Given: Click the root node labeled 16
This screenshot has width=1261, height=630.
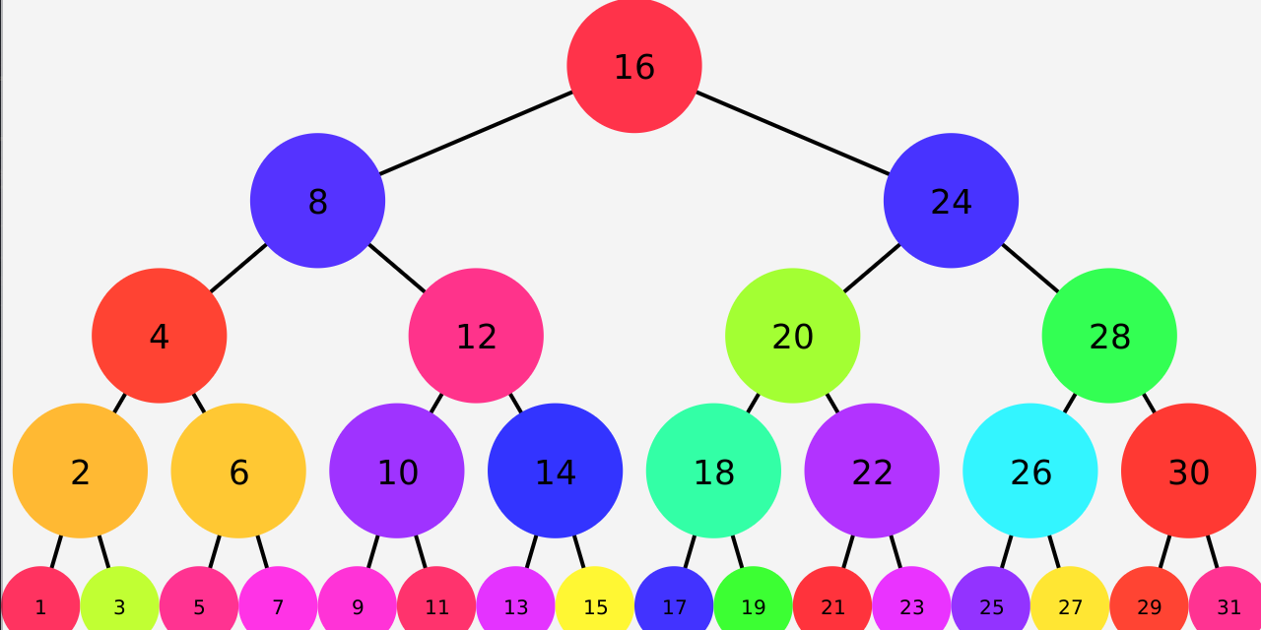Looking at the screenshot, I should coord(634,66).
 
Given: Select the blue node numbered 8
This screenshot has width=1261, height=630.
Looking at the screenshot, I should coord(317,201).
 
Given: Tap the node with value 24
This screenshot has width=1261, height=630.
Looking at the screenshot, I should coord(951,201).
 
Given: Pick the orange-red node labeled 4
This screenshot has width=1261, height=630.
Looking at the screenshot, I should coord(160,336).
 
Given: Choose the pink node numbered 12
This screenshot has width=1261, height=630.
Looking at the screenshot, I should coord(476,336).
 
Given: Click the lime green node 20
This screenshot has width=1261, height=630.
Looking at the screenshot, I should coord(792,336).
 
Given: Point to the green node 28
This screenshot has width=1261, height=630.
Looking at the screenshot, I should coord(1109,336).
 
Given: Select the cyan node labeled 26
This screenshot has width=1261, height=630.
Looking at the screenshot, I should coord(1030,471).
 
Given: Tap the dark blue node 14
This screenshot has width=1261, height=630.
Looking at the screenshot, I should coord(555,471).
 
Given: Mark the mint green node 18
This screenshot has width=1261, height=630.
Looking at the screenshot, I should coord(713,471).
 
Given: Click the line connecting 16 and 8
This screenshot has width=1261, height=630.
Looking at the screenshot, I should coord(476,133).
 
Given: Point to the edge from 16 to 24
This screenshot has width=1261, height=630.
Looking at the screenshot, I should coord(793,133).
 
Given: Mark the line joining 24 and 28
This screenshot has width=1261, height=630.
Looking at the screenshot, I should coord(1030,268).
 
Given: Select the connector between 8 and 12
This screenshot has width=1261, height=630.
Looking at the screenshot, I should coord(397,268).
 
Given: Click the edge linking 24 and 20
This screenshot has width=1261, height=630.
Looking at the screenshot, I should coord(872,268).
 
